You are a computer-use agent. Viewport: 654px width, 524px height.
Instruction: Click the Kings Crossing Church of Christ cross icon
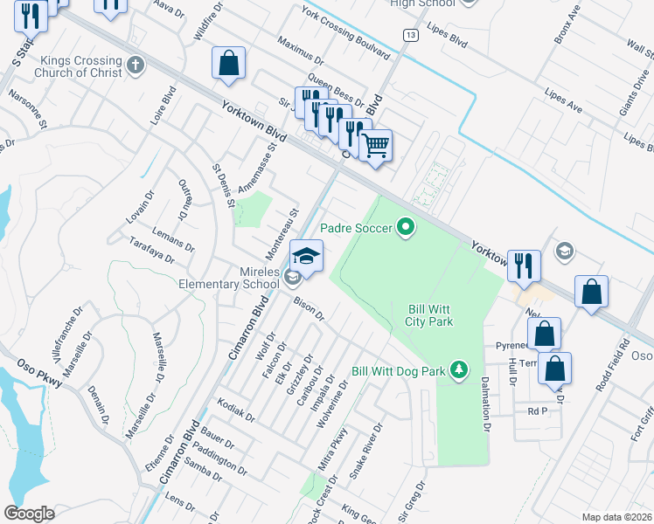[x=135, y=65]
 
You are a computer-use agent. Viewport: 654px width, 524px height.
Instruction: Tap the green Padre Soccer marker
[x=406, y=228]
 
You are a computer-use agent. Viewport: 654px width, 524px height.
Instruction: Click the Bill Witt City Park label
[x=430, y=315]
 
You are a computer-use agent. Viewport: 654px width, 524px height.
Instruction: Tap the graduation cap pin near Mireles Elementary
[x=306, y=256]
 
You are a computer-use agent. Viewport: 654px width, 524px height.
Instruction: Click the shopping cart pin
[x=376, y=145]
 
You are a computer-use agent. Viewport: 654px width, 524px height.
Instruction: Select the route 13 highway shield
[x=410, y=34]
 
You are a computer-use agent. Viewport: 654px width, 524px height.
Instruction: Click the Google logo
[x=30, y=513]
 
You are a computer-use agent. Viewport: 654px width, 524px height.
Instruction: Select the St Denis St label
[x=224, y=185]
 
